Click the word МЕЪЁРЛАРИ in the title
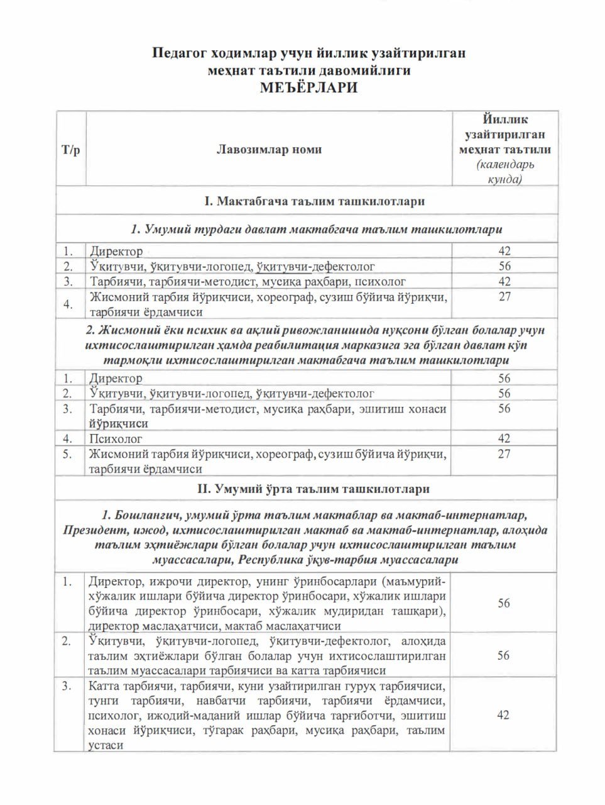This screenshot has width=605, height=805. click(308, 87)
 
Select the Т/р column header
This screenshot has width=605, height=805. click(70, 150)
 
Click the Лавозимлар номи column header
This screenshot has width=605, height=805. click(269, 150)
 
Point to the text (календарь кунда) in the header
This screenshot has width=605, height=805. click(505, 172)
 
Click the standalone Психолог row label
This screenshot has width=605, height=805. click(116, 438)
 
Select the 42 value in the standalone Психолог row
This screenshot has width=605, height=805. click(504, 438)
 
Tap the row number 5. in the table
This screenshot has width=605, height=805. click(68, 453)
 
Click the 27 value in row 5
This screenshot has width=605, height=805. click(504, 454)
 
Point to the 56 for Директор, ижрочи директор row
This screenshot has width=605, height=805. click(504, 603)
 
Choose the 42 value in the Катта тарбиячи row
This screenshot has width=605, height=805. click(503, 715)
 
